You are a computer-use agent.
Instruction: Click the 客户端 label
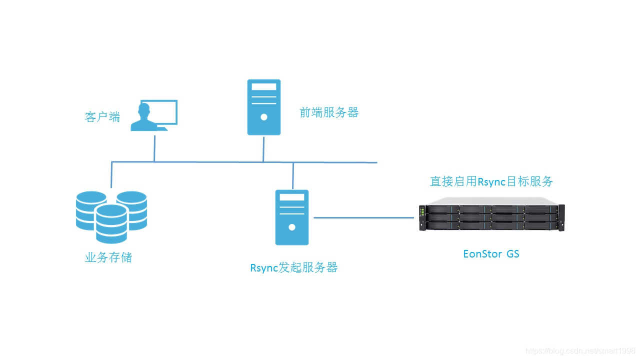point(102,117)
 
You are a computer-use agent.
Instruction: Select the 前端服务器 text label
point(329,112)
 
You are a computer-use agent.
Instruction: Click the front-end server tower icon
point(264,107)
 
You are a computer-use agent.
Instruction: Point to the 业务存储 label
point(108,258)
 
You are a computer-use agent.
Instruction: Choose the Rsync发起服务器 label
point(294,267)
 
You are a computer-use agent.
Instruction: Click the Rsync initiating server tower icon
point(292,217)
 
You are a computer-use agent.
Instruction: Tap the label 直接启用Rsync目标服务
point(491,181)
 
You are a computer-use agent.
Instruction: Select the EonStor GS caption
point(491,254)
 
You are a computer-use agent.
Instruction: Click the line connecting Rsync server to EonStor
point(364,217)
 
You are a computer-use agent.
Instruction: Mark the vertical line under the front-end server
point(263,148)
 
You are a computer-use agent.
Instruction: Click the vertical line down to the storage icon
point(111,175)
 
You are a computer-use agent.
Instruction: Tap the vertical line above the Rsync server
point(293,175)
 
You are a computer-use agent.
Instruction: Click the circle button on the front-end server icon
point(264,117)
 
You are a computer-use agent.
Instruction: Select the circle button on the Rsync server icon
point(292,227)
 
